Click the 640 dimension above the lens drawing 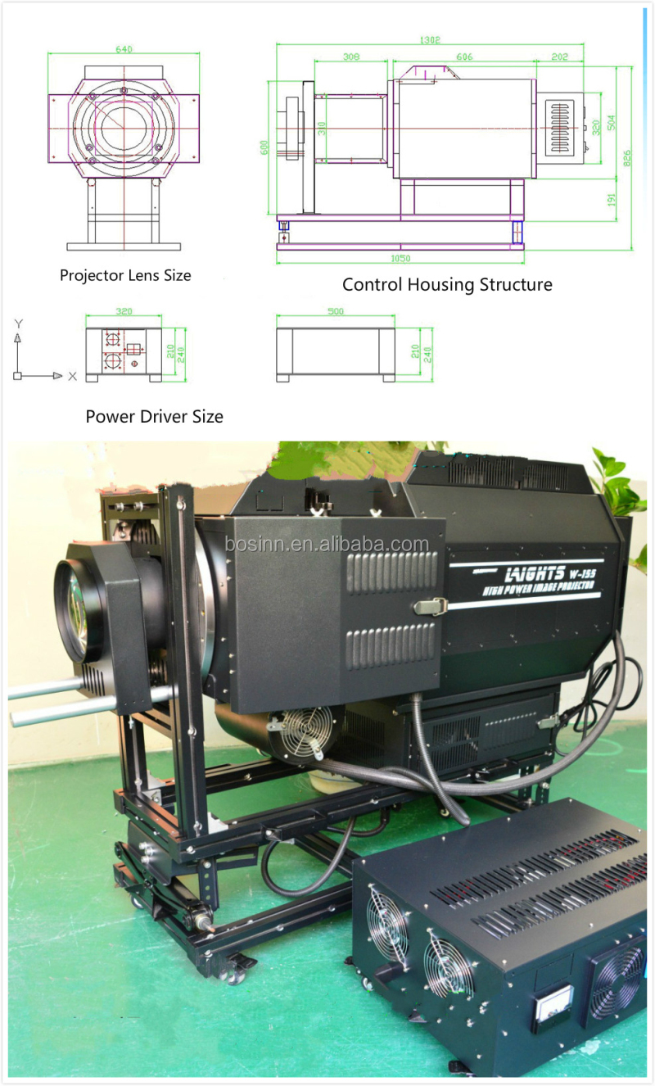click(124, 49)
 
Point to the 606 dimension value click(464, 57)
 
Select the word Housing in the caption click(444, 285)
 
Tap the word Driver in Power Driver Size click(164, 417)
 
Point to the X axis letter click(72, 376)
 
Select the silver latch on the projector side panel click(431, 607)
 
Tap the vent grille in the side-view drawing click(562, 126)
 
